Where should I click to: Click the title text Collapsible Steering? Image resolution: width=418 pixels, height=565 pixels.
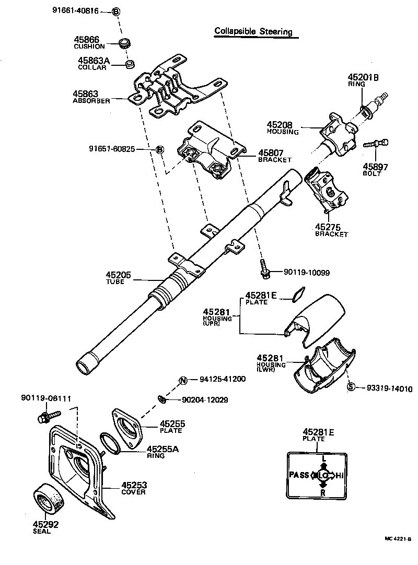coord(253,31)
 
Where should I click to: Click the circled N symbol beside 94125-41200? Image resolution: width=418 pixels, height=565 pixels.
coord(183,380)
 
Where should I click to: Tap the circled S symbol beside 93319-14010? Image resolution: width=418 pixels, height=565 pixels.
coord(351,387)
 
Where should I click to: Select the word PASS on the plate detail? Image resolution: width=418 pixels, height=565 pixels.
coord(299,475)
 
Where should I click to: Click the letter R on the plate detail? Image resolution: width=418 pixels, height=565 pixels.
coord(323,492)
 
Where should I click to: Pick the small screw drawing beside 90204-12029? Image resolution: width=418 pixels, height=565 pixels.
coord(162,399)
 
